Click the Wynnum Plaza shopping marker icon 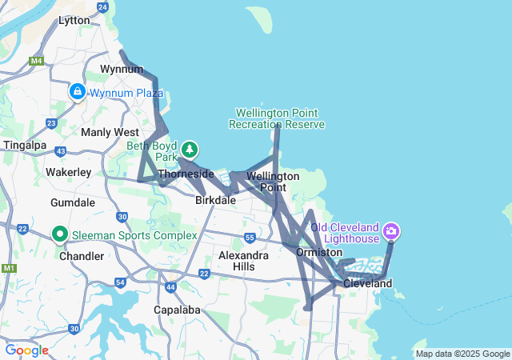pyautogui.click(x=77, y=92)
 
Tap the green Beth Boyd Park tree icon pyautogui.click(x=190, y=149)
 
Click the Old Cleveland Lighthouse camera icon pyautogui.click(x=391, y=232)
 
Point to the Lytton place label pyautogui.click(x=74, y=21)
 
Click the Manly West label pyautogui.click(x=110, y=132)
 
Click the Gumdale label pyautogui.click(x=73, y=202)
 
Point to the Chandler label pyautogui.click(x=82, y=256)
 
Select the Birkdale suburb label pyautogui.click(x=215, y=201)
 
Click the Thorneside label pyautogui.click(x=186, y=174)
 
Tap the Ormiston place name pyautogui.click(x=319, y=252)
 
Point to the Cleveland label pyautogui.click(x=367, y=284)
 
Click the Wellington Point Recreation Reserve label pyautogui.click(x=277, y=118)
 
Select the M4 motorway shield pyautogui.click(x=36, y=60)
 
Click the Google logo pyautogui.click(x=26, y=350)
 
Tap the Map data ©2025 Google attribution pyautogui.click(x=462, y=354)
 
